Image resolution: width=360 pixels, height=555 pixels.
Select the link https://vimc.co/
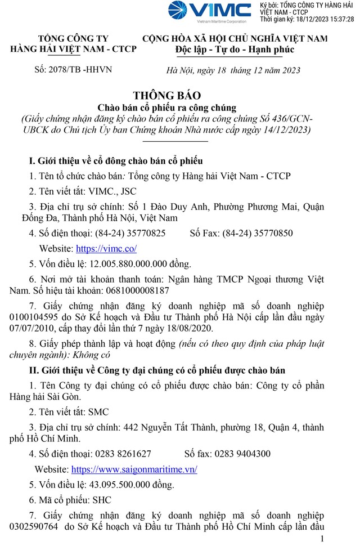pyautogui.click(x=106, y=248)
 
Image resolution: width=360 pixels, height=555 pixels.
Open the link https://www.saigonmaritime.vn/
pyautogui.click(x=134, y=469)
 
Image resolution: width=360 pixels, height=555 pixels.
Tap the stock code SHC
pyautogui.click(x=101, y=499)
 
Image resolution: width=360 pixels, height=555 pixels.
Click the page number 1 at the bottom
pyautogui.click(x=322, y=540)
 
